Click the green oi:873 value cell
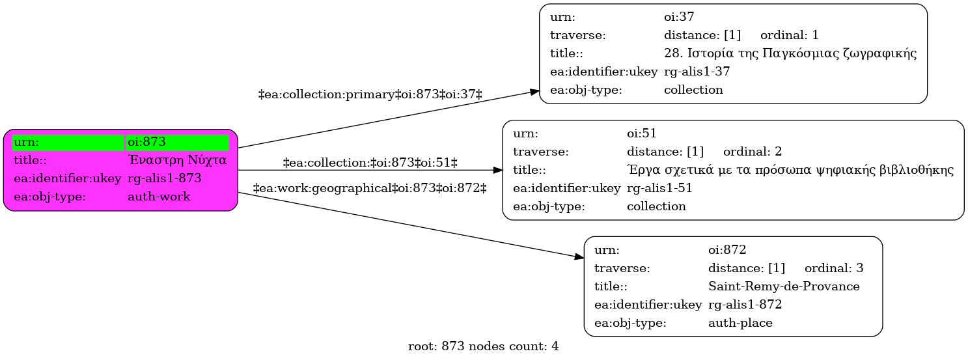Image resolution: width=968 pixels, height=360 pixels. [177, 142]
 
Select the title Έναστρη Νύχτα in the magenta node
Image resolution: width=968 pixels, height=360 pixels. [177, 160]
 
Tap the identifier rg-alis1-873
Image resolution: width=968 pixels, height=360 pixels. [165, 178]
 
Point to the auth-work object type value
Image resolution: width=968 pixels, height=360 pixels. [159, 197]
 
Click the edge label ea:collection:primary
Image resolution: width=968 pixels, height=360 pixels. [370, 94]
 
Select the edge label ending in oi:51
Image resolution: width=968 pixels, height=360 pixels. [370, 163]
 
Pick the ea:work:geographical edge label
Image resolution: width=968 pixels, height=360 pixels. [370, 188]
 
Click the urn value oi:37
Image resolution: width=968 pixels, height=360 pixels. [679, 17]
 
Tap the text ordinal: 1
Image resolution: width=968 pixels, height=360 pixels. [790, 35]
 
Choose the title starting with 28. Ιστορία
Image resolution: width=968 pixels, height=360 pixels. [790, 53]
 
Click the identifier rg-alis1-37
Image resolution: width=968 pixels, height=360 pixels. [697, 72]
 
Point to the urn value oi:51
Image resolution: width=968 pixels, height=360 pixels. [642, 133]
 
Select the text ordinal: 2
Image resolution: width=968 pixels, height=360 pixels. [753, 151]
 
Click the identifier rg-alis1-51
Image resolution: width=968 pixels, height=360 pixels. [660, 188]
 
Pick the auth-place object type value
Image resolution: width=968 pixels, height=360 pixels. [740, 323]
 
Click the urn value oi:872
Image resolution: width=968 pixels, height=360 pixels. [727, 250]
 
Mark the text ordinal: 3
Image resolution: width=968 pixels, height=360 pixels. [834, 268]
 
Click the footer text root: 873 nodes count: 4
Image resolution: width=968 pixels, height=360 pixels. [483, 346]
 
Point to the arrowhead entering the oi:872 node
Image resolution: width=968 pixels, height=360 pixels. [579, 257]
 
